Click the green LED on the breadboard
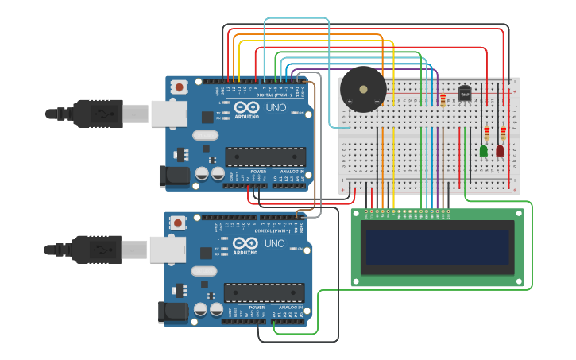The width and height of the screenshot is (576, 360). tap(483, 150)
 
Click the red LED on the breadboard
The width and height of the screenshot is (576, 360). tap(500, 150)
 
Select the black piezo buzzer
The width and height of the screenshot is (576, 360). tap(363, 90)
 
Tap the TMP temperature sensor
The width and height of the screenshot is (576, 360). tap(465, 94)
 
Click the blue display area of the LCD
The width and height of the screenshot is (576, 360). tap(435, 247)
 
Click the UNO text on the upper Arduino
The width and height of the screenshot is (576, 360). tap(276, 107)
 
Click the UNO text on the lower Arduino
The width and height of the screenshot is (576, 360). tap(274, 242)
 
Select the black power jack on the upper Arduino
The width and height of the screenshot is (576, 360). tap(172, 176)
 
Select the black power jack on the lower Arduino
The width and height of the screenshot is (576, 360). tap(172, 312)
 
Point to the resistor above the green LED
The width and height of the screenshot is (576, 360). tap(486, 133)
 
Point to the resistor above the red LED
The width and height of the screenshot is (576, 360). tap(503, 133)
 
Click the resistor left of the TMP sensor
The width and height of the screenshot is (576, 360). tap(443, 99)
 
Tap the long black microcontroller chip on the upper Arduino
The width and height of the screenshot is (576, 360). tap(265, 157)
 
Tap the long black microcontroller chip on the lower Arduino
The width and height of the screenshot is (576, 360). tap(264, 292)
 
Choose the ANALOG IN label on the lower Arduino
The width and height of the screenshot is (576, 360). tap(290, 307)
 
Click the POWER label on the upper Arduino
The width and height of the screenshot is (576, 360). tap(258, 171)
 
